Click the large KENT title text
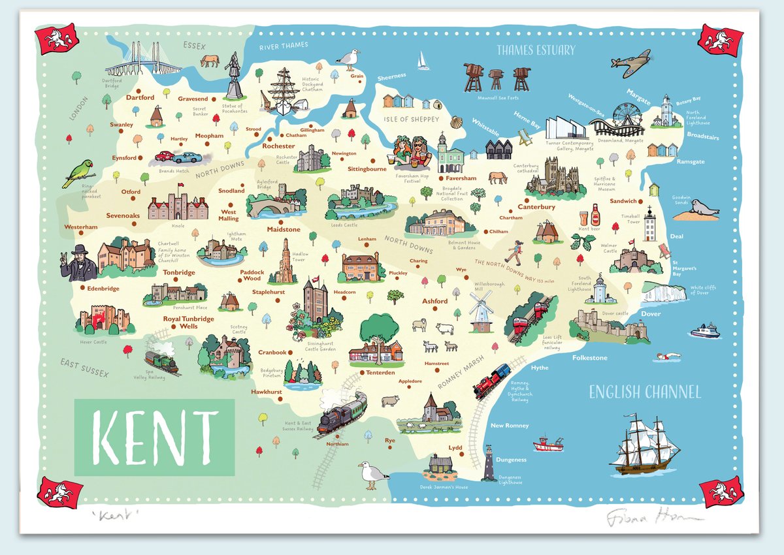(x=154, y=437)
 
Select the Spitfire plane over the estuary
(x=630, y=63)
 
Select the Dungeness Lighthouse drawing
(x=488, y=463)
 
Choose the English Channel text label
(x=645, y=392)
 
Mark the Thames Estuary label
(x=535, y=50)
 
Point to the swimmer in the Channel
(x=668, y=356)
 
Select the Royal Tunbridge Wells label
(x=188, y=322)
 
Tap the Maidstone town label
(x=284, y=230)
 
